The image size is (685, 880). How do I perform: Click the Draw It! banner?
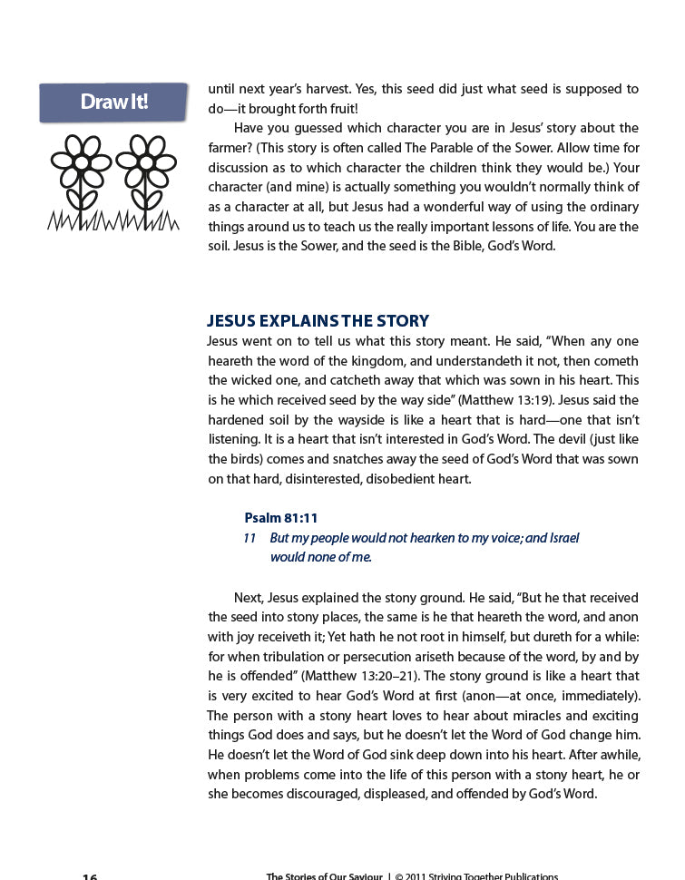(113, 102)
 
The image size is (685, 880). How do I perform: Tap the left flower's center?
(82, 161)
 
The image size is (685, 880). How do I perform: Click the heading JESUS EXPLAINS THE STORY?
(318, 321)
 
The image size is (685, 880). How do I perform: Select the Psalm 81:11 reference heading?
(281, 518)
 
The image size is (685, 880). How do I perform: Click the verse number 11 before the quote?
(250, 538)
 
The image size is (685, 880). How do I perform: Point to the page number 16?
(90, 876)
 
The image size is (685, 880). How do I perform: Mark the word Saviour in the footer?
(358, 876)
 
